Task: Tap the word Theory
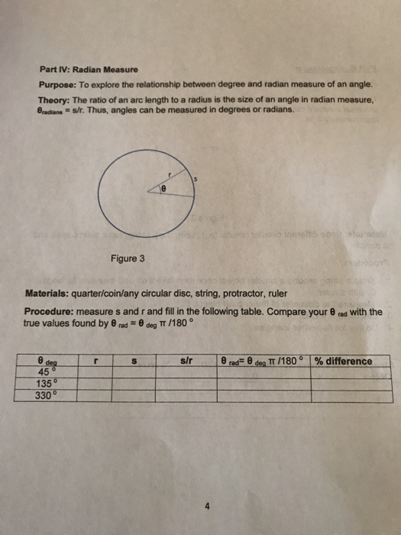point(54,100)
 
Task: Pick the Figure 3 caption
point(127,259)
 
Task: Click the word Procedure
point(50,313)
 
